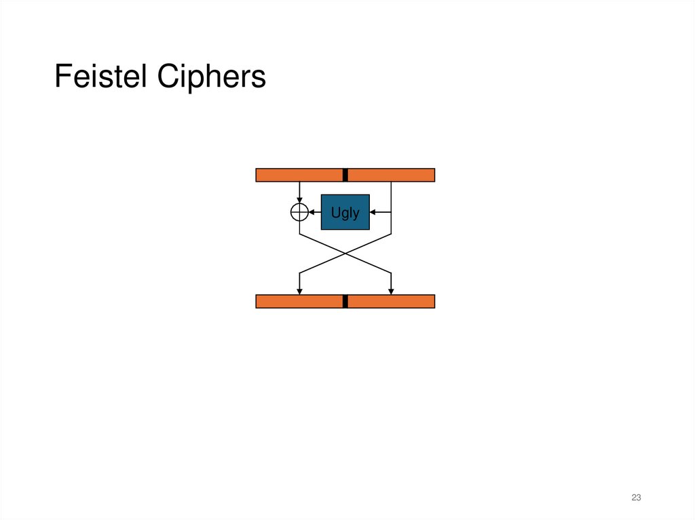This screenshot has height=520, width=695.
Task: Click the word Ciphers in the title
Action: (211, 77)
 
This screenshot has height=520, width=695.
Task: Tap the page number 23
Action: (636, 498)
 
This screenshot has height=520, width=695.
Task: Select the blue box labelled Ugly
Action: (345, 212)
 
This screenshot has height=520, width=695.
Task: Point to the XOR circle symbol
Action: (299, 212)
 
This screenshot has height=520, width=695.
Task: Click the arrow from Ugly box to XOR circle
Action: (314, 212)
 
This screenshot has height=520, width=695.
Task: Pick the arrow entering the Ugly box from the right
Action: (380, 212)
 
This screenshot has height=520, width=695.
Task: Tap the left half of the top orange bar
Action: (299, 175)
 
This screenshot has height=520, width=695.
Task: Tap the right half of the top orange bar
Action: (391, 175)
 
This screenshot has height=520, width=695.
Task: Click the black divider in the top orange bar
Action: (345, 175)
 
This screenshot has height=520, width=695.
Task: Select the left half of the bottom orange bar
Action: (299, 302)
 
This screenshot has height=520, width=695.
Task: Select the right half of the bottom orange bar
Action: (391, 302)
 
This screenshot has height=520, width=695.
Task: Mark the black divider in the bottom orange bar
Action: (345, 302)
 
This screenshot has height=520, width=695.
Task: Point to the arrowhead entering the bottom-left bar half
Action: (299, 292)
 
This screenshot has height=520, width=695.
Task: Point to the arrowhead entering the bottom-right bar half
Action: (391, 292)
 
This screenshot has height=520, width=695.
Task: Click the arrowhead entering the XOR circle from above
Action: (299, 201)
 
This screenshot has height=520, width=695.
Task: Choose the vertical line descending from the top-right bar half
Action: (391, 197)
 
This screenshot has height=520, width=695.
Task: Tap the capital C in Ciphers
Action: (167, 77)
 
